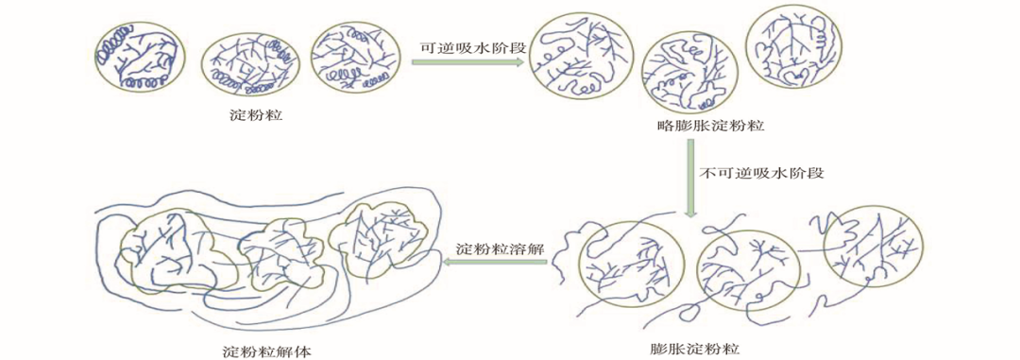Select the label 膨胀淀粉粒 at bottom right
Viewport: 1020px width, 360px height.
point(695,348)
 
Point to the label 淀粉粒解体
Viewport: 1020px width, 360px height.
point(268,351)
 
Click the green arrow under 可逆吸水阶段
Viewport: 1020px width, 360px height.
point(467,62)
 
